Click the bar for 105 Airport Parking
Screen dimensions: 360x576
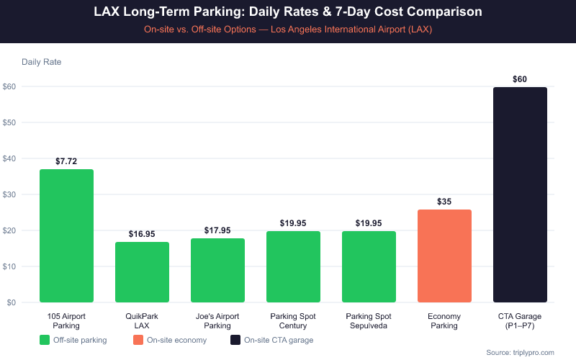[66, 235]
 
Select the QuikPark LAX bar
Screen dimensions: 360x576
[142, 272]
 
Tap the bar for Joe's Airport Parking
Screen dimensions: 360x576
[217, 270]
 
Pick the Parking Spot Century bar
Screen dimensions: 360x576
[293, 266]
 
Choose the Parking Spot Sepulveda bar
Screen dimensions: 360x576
[369, 266]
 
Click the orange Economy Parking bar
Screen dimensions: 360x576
[444, 256]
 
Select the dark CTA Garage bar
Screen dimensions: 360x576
[520, 194]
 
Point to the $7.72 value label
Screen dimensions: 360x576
[66, 161]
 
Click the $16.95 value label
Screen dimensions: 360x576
[142, 234]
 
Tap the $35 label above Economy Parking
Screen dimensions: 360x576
[444, 202]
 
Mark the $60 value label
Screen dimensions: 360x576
[520, 79]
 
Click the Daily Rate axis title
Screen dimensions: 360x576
[42, 62]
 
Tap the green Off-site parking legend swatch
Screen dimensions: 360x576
[45, 340]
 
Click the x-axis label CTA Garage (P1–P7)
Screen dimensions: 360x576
[520, 320]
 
